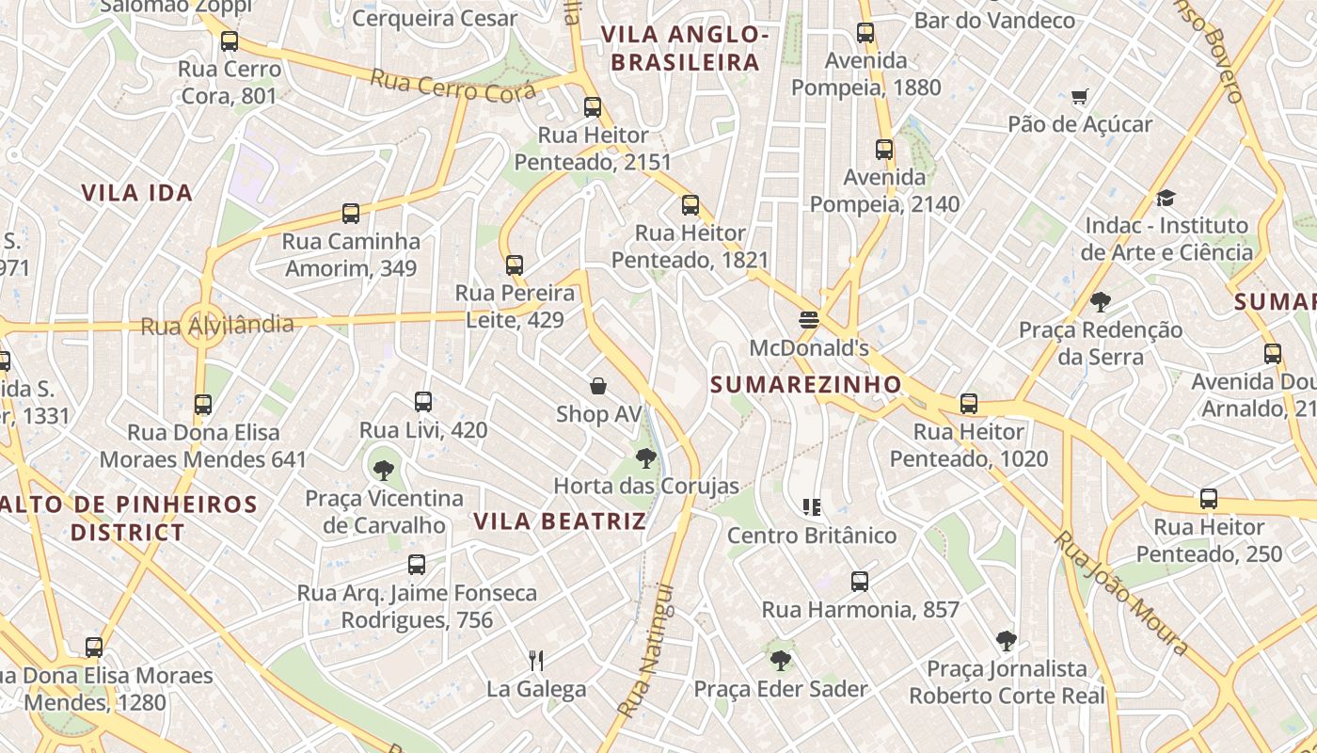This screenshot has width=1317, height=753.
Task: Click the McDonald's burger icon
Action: (808, 319)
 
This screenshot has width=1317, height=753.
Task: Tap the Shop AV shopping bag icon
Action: (597, 386)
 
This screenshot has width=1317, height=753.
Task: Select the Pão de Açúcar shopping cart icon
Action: (1079, 96)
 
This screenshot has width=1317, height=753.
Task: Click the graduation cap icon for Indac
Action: (1166, 198)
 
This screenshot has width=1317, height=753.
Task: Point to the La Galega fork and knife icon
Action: (536, 660)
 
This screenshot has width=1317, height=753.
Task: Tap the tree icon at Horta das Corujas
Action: (645, 458)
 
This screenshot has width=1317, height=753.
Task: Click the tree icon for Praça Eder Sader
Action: (780, 660)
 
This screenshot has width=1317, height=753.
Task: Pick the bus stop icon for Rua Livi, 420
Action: (423, 402)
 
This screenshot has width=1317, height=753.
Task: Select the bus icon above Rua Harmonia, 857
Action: (859, 581)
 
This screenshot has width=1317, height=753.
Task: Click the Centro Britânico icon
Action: (812, 507)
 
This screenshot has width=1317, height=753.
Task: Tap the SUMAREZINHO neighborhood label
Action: (806, 384)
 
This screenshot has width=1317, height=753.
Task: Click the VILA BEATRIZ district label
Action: (560, 521)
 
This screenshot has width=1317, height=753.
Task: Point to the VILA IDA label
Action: (136, 193)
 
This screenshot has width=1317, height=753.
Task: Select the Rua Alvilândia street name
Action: (216, 326)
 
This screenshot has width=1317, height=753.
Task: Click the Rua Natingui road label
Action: (647, 651)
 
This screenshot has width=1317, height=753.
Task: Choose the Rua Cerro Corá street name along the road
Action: (452, 86)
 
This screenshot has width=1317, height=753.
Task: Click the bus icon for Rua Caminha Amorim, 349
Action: (351, 214)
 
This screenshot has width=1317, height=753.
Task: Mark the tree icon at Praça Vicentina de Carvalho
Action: (383, 470)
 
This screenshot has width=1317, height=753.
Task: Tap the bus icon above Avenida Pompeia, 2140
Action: (884, 149)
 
